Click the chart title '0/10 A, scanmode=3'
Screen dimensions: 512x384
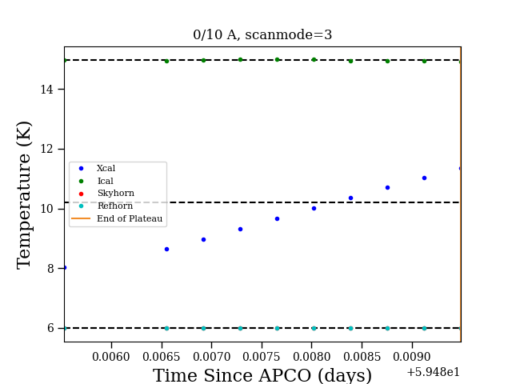[x=262, y=34]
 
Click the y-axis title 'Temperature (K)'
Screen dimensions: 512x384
[x=24, y=195]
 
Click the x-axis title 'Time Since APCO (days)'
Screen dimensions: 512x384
[x=262, y=375]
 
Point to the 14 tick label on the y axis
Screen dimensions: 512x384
[x=46, y=89]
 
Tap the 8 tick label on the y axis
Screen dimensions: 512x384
[x=50, y=269]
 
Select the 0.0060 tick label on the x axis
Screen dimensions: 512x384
[x=111, y=357]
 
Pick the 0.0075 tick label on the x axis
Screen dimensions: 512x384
[x=262, y=357]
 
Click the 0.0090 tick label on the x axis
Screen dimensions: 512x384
[x=412, y=357]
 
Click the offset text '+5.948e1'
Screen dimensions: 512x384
[x=434, y=372]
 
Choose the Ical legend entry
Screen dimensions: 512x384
[x=96, y=181]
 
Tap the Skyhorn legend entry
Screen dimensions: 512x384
[x=106, y=194]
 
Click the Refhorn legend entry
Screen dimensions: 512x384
[x=106, y=206]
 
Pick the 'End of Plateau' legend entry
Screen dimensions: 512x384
[x=117, y=218]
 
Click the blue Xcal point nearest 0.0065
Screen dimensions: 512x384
[x=166, y=249]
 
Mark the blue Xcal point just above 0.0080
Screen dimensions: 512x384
[x=314, y=208]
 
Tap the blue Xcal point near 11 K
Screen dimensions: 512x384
[x=424, y=178]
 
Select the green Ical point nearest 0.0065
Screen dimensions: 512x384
[x=166, y=61]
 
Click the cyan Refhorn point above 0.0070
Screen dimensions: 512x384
[x=203, y=328]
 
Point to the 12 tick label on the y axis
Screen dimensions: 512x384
[x=46, y=150]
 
